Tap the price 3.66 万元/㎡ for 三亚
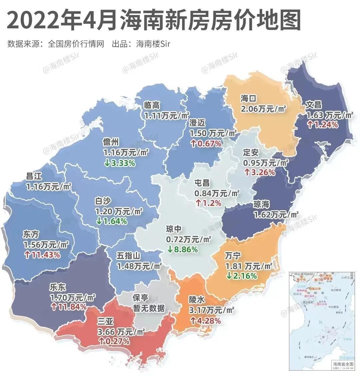[121, 332]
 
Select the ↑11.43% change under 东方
[42, 255]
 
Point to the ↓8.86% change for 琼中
[182, 249]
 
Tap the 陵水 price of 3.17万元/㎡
[211, 311]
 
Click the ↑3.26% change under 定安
[260, 172]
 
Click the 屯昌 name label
[202, 183]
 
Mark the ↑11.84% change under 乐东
[68, 306]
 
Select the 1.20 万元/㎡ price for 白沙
[119, 211]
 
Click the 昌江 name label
[34, 176]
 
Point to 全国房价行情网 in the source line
[76, 44]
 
